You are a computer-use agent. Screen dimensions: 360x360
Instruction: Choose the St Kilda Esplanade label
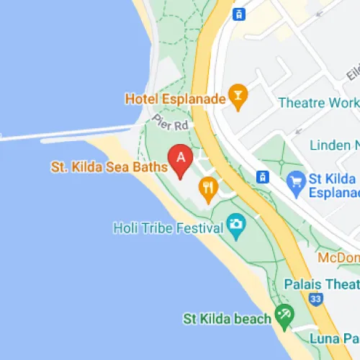pyautogui.click(x=333, y=186)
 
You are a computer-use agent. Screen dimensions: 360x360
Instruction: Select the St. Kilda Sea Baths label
pyautogui.click(x=109, y=168)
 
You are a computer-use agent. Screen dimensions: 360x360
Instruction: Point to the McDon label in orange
pyautogui.click(x=339, y=257)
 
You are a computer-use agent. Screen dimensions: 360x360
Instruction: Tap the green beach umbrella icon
pyautogui.click(x=284, y=316)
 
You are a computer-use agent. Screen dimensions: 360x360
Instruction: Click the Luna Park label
pyautogui.click(x=331, y=338)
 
